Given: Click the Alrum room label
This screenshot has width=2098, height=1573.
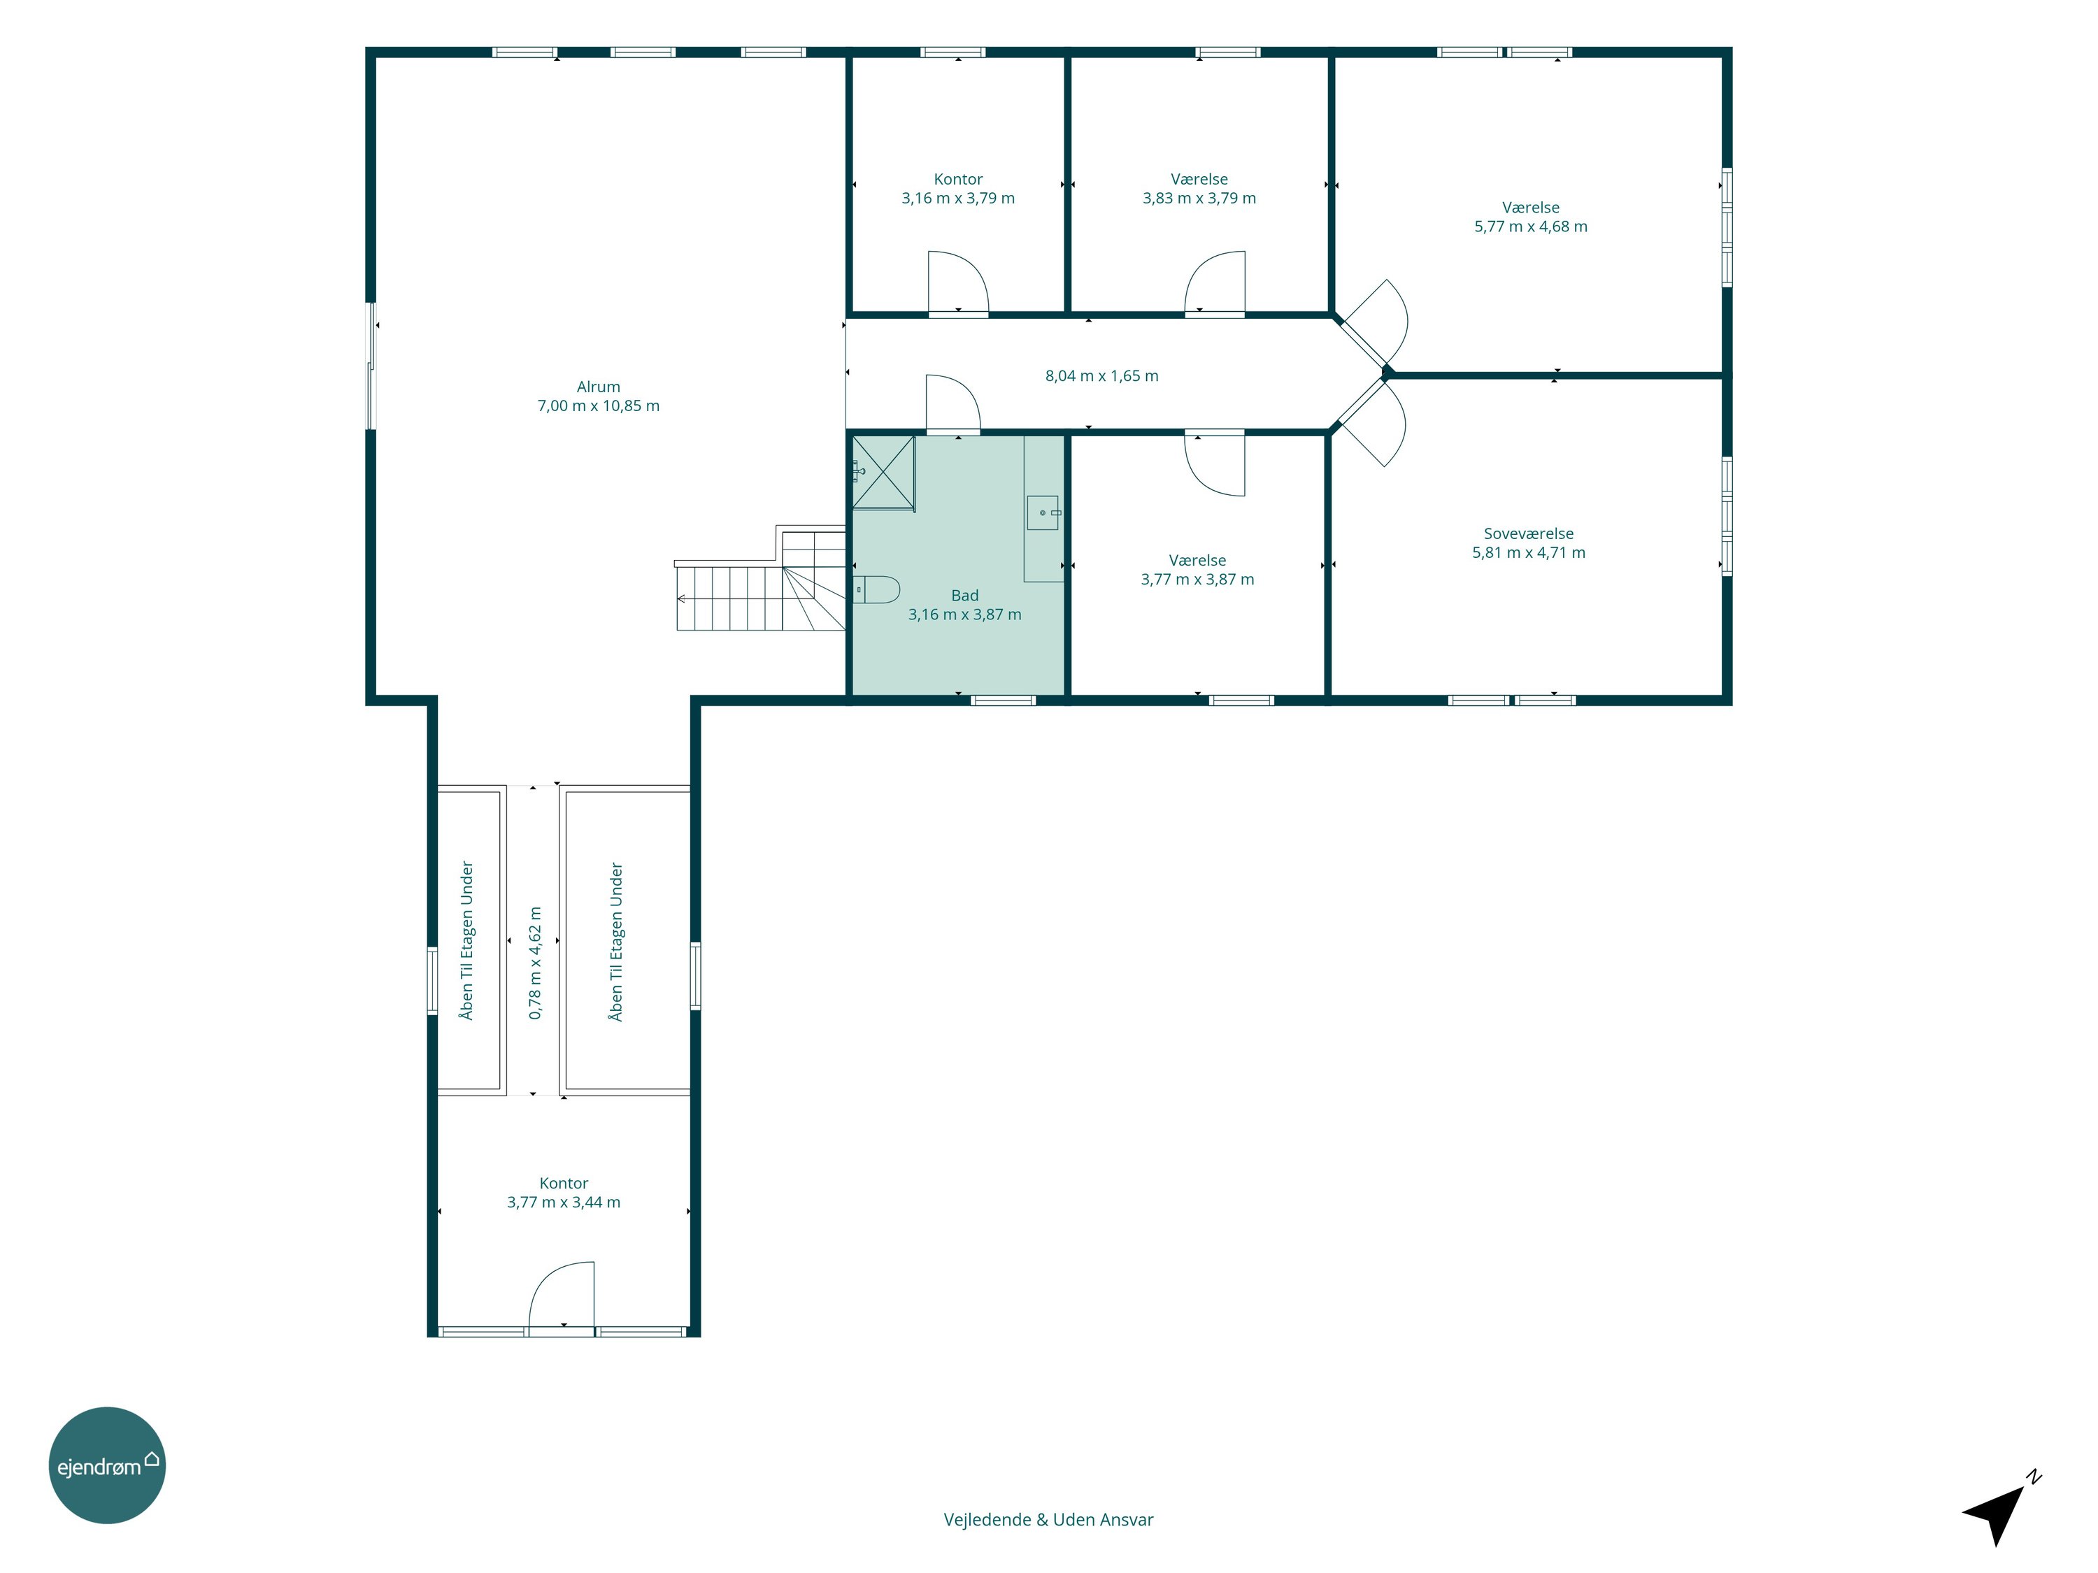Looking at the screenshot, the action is point(599,387).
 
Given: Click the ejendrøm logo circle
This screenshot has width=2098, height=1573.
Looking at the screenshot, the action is point(107,1465).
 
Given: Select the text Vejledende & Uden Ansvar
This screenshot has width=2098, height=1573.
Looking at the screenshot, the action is point(1048,1520).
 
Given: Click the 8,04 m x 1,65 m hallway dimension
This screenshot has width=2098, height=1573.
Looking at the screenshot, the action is point(1101,375).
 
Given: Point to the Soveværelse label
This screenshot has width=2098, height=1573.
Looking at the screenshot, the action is point(1528,534).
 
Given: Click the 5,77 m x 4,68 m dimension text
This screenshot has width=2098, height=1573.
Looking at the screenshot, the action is point(1531,227).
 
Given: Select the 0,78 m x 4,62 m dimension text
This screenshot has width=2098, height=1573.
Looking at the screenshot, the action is point(535,963).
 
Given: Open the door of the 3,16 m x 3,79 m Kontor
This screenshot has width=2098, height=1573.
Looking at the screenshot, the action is point(958,282).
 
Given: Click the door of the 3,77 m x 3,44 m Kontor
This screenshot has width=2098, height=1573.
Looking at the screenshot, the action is point(562,1297).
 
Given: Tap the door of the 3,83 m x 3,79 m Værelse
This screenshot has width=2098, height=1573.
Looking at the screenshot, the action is point(1215,282).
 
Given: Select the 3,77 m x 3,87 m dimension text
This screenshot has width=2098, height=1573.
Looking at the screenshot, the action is point(1197,580).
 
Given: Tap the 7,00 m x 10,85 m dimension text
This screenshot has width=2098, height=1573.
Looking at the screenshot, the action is point(599,405).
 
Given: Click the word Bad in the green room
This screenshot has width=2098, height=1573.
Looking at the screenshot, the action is point(964,596).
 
